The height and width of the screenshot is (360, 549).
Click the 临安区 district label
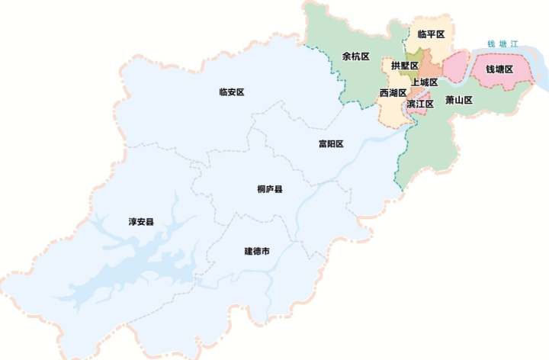(x=231, y=92)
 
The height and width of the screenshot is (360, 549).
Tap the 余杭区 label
(x=355, y=56)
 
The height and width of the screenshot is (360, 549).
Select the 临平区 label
(x=432, y=34)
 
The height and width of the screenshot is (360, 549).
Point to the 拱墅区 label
(x=404, y=66)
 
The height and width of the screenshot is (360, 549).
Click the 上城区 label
(x=424, y=82)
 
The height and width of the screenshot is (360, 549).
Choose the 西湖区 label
(x=393, y=93)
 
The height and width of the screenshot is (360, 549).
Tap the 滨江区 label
(x=420, y=104)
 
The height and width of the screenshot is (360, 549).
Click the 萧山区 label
(x=460, y=100)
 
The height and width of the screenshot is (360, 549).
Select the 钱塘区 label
(x=499, y=69)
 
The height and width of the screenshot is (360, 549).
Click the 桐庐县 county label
(x=270, y=188)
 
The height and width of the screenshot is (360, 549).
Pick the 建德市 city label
(x=257, y=251)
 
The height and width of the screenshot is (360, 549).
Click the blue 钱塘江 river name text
(x=502, y=44)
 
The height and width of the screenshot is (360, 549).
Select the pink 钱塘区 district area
(x=457, y=69)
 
